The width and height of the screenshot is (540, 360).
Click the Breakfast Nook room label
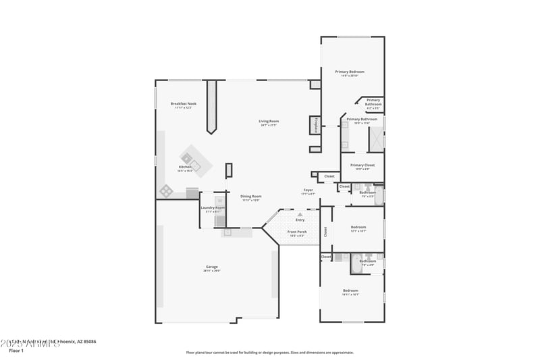tap(184, 103)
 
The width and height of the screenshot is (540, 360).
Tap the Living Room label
tap(269, 122)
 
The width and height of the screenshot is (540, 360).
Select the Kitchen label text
tap(185, 167)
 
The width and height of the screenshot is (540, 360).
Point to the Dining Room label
tap(251, 197)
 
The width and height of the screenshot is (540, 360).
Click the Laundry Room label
tap(213, 207)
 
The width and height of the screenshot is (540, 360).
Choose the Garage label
tap(212, 267)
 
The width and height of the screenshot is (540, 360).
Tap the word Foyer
tap(308, 190)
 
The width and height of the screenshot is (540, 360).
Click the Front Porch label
tap(298, 232)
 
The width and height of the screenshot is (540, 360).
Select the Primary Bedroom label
tap(350, 72)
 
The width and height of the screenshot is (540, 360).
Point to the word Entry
tap(300, 220)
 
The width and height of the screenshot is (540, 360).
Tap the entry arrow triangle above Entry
tap(300, 213)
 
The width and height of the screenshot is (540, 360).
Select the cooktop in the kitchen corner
tap(166, 191)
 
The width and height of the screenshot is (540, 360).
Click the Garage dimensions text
tap(212, 271)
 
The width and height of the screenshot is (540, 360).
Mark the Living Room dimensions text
tap(269, 126)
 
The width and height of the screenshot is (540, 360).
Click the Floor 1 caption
tap(16, 351)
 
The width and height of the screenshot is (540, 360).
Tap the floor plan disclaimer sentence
tap(270, 352)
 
